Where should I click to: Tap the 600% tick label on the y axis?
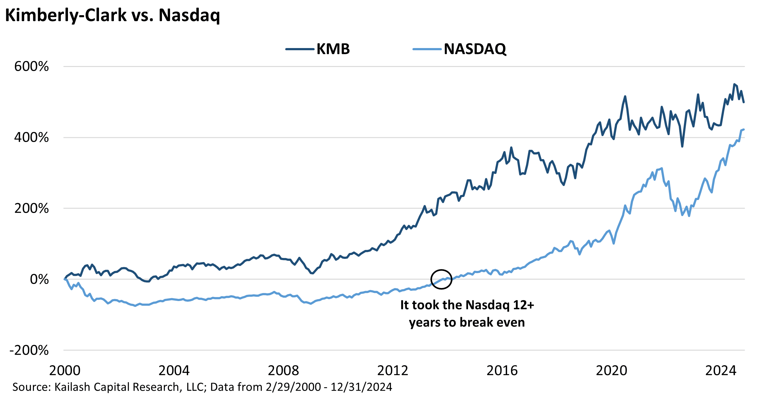click(x=31, y=66)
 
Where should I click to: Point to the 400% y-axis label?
click(x=31, y=137)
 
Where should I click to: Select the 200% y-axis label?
click(x=31, y=208)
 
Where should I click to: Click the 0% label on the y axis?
click(x=39, y=279)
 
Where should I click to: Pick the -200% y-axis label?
click(x=29, y=350)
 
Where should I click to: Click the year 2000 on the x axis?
click(x=65, y=370)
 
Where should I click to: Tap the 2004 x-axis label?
click(x=174, y=370)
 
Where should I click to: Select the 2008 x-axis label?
click(x=283, y=370)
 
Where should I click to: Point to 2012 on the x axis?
click(x=393, y=370)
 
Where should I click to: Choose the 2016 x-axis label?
click(x=502, y=370)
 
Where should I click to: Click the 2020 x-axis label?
click(x=611, y=370)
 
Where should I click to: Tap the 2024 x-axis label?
click(x=721, y=370)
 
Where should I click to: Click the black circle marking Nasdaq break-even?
click(x=441, y=279)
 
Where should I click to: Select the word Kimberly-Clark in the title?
click(x=65, y=15)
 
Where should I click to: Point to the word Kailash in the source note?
click(x=72, y=387)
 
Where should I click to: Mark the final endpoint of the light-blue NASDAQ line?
click(x=744, y=130)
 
